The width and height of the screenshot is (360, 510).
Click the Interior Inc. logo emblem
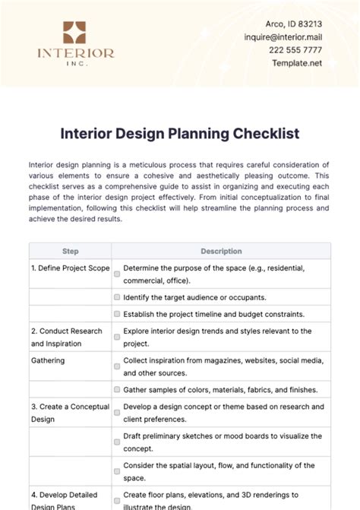[x=75, y=33]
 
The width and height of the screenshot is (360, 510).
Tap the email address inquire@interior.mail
[x=303, y=36]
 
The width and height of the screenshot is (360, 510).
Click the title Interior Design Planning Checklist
[x=180, y=133]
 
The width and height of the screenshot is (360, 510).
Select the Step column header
[x=70, y=251]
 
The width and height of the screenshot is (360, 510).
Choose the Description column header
[x=221, y=251]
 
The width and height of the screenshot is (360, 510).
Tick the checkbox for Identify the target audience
[x=117, y=297]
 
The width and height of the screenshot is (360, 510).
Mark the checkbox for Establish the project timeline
[x=117, y=314]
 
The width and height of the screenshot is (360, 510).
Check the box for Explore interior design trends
[x=117, y=337]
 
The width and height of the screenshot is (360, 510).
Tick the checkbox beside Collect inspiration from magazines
[x=117, y=366]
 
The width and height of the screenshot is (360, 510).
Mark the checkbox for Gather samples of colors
[x=117, y=389]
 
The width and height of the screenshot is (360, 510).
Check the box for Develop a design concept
[x=117, y=413]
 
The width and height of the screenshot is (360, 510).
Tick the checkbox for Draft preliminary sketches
[x=117, y=442]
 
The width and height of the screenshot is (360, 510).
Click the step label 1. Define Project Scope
[x=71, y=268]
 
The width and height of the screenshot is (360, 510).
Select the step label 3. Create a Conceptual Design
[x=71, y=413]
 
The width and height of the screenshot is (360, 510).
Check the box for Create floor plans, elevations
[x=117, y=501]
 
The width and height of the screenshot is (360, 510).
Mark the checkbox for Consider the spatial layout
[x=117, y=471]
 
